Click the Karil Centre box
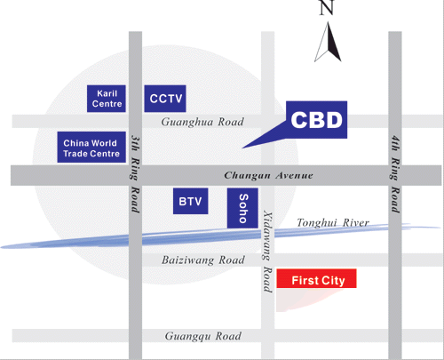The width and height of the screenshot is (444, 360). tap(107, 99)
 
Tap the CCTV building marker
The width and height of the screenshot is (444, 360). tap(165, 99)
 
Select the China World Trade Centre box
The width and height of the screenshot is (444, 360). tap(91, 148)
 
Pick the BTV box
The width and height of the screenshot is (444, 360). tap(191, 201)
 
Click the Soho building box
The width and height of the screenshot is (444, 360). tap(242, 208)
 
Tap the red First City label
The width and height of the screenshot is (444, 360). tap(316, 278)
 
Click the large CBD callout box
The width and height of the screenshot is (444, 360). tap(316, 120)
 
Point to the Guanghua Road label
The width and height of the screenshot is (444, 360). tap(202, 122)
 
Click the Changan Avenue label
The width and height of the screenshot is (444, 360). tap(268, 175)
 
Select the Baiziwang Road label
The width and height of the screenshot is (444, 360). tap(203, 260)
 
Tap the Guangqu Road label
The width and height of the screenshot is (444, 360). tap(203, 336)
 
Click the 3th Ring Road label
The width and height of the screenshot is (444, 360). tap(135, 174)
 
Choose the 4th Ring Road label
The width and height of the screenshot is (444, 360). tap(395, 174)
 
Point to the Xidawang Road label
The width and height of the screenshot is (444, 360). tap(268, 252)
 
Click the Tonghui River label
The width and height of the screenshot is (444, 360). tap(333, 222)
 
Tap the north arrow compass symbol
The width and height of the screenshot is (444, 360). tap(328, 42)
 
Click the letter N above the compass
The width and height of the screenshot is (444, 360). tap(327, 7)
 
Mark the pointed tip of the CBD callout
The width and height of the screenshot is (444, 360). tap(242, 148)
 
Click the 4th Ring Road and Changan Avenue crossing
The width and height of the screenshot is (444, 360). tap(395, 175)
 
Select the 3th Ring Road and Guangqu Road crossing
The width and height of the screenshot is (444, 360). tap(135, 336)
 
